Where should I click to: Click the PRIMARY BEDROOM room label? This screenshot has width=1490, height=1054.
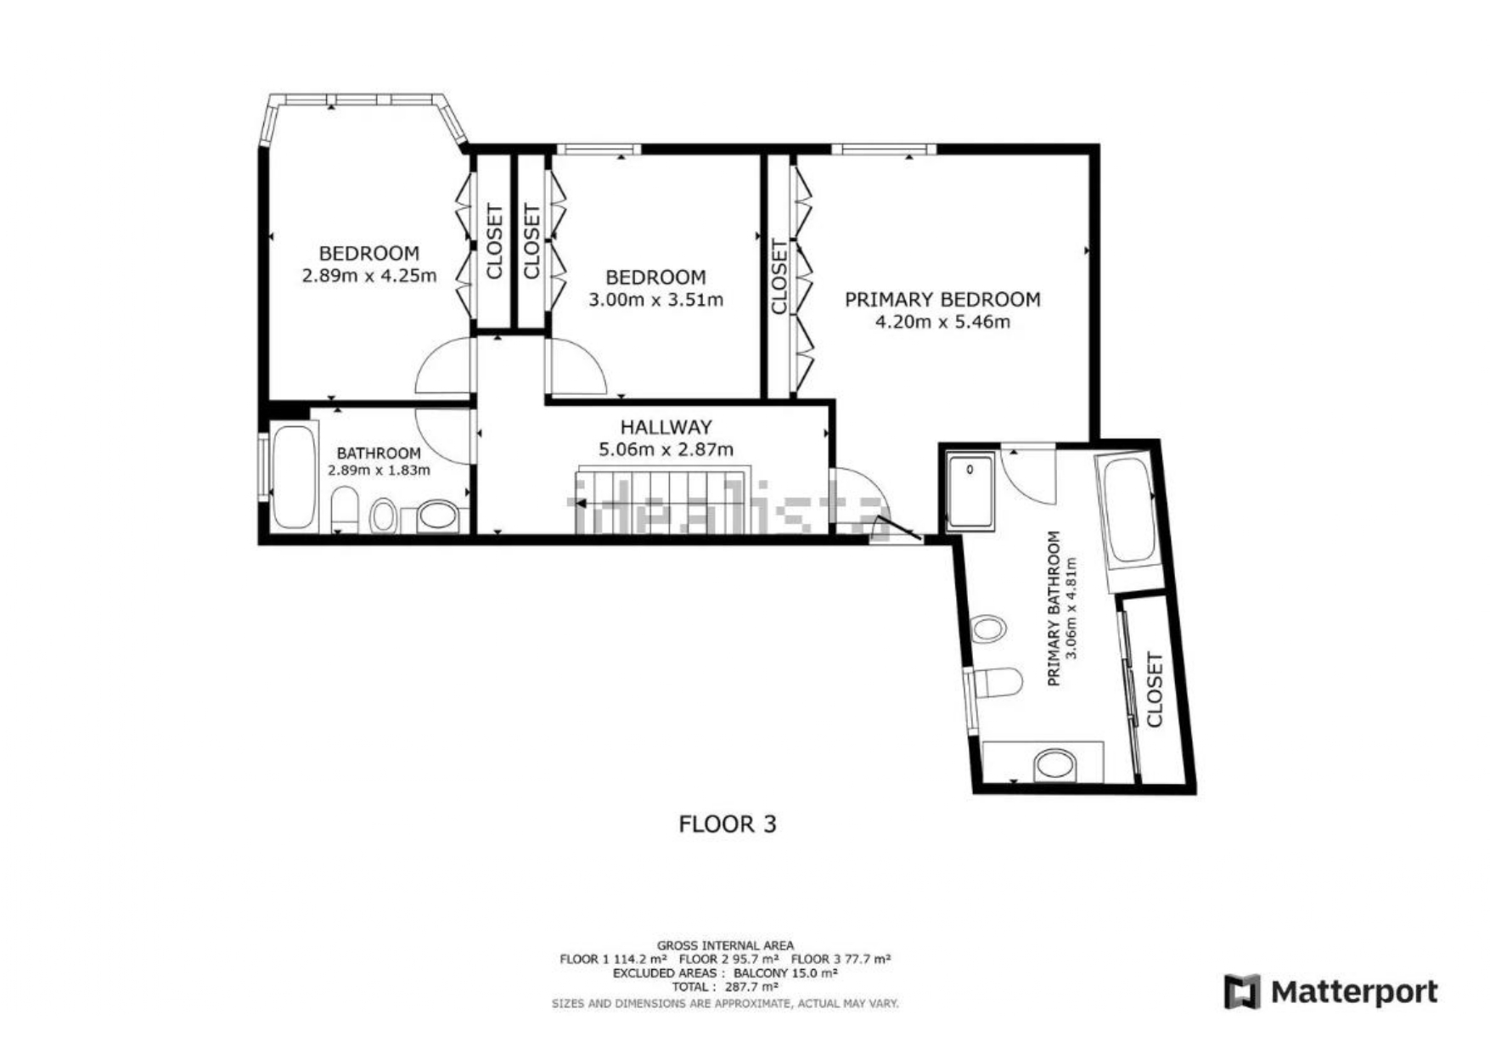click(x=942, y=299)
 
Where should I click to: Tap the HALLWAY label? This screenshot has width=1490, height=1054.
click(x=666, y=427)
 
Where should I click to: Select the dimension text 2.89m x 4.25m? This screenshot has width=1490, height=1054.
click(x=369, y=275)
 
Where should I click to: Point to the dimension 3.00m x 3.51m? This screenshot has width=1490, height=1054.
click(x=655, y=299)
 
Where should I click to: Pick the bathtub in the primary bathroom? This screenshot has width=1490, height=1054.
click(x=1127, y=510)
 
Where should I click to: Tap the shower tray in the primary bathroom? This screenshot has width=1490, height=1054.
click(x=970, y=492)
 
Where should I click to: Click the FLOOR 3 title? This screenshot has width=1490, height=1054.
click(x=728, y=824)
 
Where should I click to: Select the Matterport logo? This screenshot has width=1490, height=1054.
click(x=1330, y=991)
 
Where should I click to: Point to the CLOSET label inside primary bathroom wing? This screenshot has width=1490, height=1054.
click(x=1154, y=690)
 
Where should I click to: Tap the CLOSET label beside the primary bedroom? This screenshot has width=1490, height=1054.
click(x=779, y=277)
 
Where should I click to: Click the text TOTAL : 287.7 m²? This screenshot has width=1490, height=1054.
click(x=725, y=987)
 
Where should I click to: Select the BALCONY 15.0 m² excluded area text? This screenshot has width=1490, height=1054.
click(x=786, y=973)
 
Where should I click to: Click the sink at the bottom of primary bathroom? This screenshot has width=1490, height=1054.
click(x=1054, y=764)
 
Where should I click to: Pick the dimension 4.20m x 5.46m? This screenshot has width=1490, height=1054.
click(x=942, y=322)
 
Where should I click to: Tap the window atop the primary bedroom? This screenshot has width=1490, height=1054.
click(x=884, y=149)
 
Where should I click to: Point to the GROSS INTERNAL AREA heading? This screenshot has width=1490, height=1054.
click(x=725, y=945)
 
